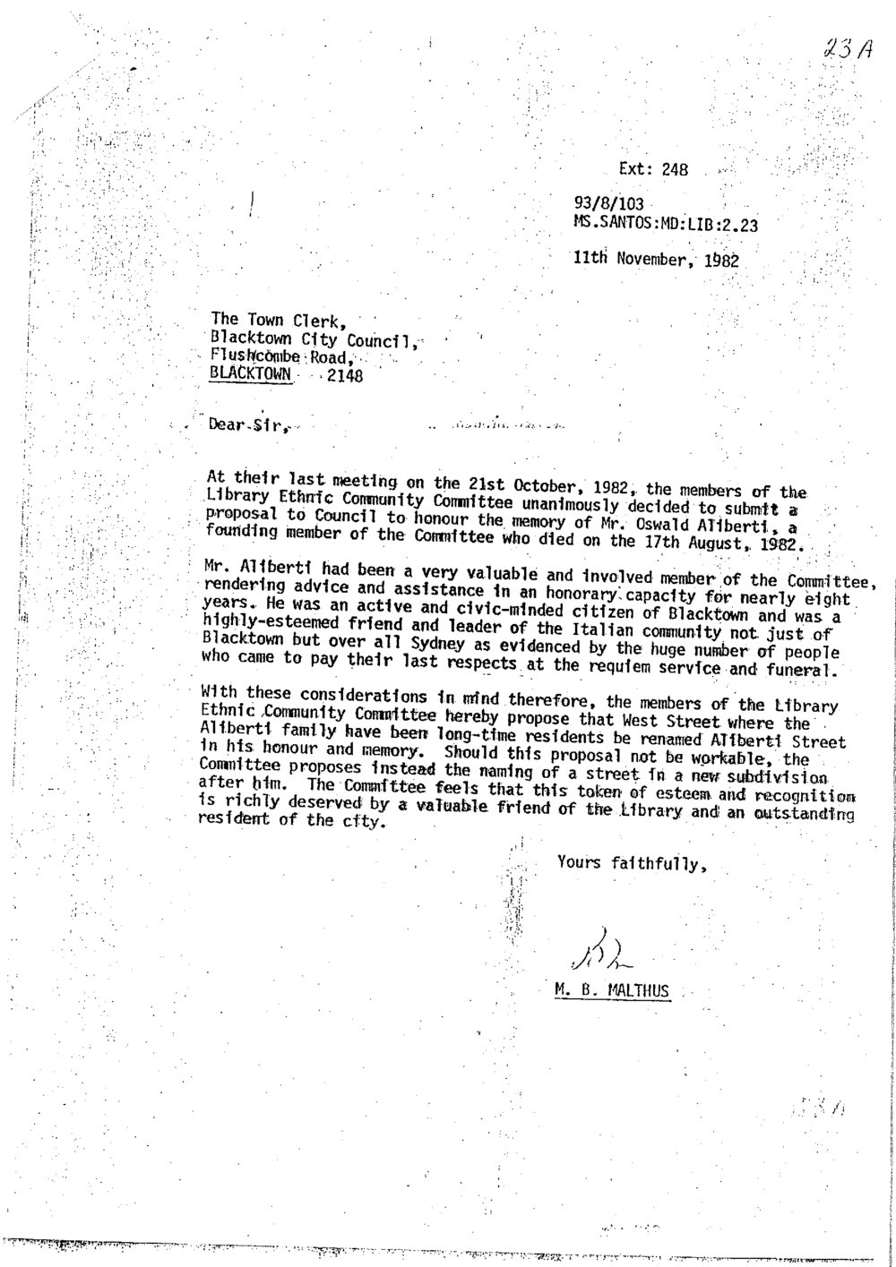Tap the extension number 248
click(x=674, y=169)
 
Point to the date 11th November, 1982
click(x=656, y=261)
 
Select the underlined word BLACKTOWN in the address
click(x=250, y=375)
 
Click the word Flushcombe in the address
click(x=253, y=356)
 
